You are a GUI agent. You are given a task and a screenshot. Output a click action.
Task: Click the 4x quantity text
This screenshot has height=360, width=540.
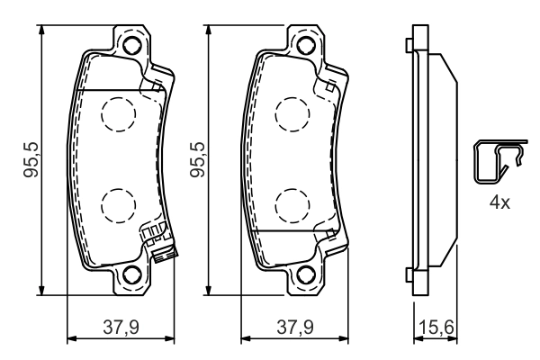pyautogui.click(x=499, y=203)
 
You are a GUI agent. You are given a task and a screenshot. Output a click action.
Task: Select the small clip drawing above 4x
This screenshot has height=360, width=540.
pyautogui.click(x=499, y=163)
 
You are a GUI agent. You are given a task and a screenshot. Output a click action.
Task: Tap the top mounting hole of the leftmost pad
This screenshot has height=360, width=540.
pyautogui.click(x=132, y=46)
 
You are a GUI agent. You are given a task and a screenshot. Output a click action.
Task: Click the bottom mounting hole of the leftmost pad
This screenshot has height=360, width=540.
pyautogui.click(x=132, y=275)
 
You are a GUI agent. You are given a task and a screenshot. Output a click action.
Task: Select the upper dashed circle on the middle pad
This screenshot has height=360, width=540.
pyautogui.click(x=290, y=114)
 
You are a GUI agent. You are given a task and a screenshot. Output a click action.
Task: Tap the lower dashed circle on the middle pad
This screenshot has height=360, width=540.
pyautogui.click(x=290, y=205)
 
